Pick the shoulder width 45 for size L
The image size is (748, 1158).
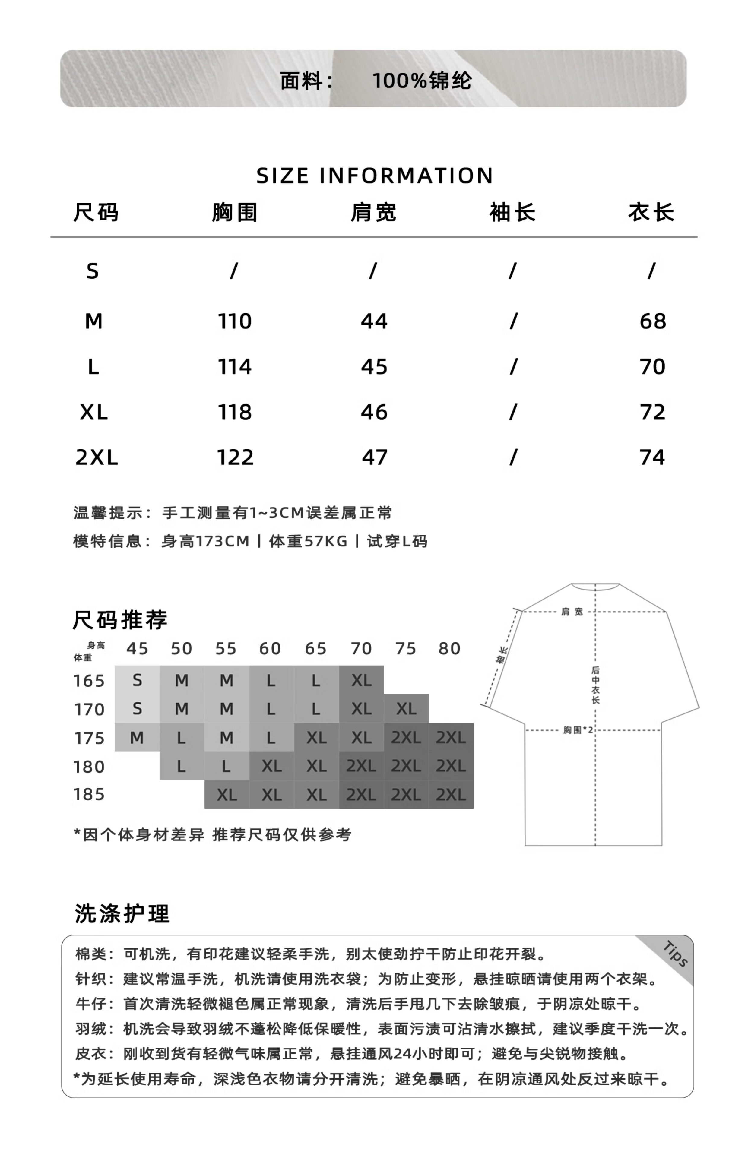(x=374, y=367)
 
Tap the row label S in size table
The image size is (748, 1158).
(x=92, y=271)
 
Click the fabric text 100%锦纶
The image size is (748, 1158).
(x=422, y=81)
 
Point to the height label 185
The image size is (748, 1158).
(x=89, y=794)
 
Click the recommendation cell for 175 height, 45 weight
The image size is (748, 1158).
(x=137, y=738)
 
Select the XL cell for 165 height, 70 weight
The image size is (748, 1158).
(x=361, y=680)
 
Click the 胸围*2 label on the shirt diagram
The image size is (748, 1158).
(x=578, y=730)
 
